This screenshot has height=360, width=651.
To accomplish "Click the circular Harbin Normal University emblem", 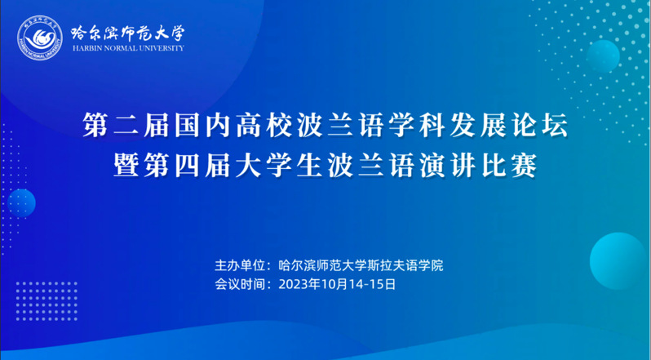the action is point(40,38).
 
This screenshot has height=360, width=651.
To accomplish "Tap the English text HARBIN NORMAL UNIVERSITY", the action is point(128,48).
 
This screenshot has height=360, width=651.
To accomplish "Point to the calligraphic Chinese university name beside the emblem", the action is point(128,33).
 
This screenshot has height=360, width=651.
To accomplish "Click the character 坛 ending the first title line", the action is point(556,126).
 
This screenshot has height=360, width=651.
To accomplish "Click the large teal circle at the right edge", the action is point(618,260).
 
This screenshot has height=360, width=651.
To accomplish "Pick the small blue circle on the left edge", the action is point(21,203).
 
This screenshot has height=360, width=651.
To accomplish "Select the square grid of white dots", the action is point(46,301).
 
